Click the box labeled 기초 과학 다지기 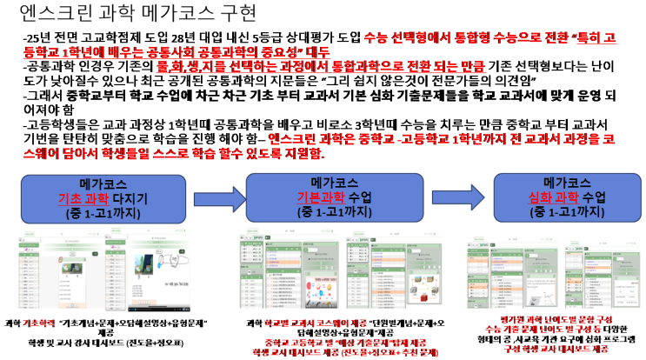tap(103, 198)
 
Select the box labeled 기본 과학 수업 tap(334, 197)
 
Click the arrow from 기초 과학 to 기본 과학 tap(216, 199)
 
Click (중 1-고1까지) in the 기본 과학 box tap(334, 211)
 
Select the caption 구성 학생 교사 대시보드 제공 tap(556, 348)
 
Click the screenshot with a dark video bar tap(147, 270)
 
